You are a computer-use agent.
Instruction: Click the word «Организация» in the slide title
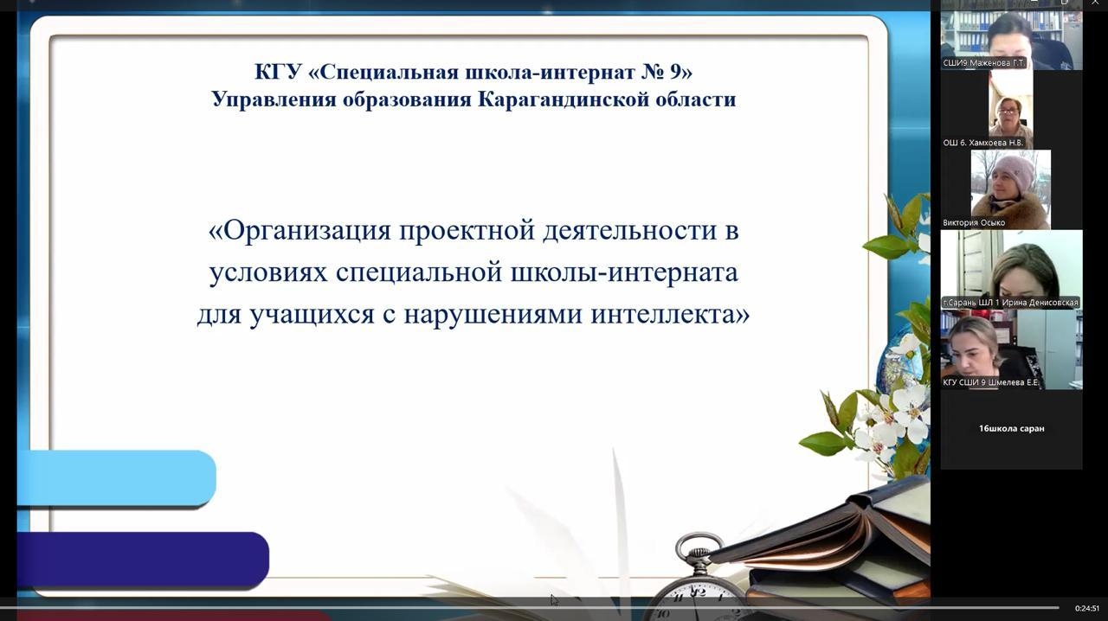click(x=300, y=231)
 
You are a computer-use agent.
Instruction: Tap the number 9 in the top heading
click(x=675, y=72)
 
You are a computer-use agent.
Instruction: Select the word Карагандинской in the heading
click(x=563, y=99)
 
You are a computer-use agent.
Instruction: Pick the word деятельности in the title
click(x=629, y=231)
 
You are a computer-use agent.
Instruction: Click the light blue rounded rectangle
click(x=117, y=478)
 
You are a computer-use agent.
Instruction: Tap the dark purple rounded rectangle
click(x=144, y=560)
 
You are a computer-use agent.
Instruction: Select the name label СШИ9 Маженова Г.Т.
click(x=984, y=63)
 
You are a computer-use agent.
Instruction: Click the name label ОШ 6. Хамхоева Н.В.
click(x=982, y=143)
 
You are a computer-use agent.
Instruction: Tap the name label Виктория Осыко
click(x=974, y=223)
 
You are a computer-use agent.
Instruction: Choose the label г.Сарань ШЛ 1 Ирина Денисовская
click(x=1010, y=303)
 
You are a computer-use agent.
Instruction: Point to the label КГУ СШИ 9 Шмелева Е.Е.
click(x=990, y=382)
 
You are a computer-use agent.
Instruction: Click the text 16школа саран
click(x=1012, y=429)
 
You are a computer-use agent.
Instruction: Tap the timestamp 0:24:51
click(x=1086, y=609)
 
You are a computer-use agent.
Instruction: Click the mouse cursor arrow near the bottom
click(x=554, y=599)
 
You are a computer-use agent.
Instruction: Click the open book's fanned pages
click(x=816, y=534)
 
